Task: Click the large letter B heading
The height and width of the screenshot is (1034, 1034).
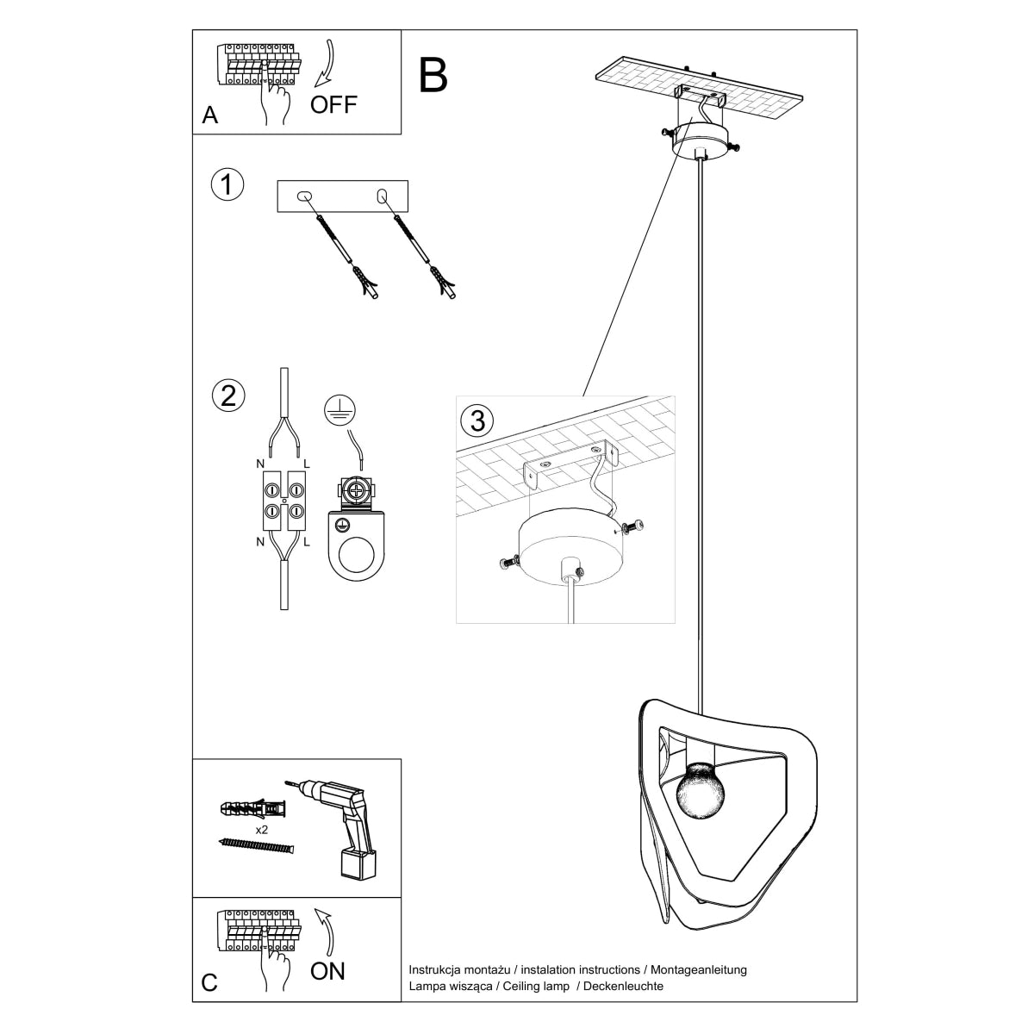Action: pos(433,76)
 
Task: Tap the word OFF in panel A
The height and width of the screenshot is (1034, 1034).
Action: pos(333,105)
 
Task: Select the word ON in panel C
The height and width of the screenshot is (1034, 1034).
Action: pos(327,971)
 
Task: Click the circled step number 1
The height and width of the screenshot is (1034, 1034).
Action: pos(227,185)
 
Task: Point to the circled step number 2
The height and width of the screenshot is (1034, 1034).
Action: pos(227,396)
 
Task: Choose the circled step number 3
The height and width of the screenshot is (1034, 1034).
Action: pos(478,420)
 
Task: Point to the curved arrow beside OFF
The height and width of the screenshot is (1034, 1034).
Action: pos(324,65)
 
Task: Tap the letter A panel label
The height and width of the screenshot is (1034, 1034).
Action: pos(209,115)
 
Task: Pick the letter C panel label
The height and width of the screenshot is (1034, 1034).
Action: pos(209,983)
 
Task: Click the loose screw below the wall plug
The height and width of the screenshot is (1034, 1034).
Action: pos(257,846)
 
